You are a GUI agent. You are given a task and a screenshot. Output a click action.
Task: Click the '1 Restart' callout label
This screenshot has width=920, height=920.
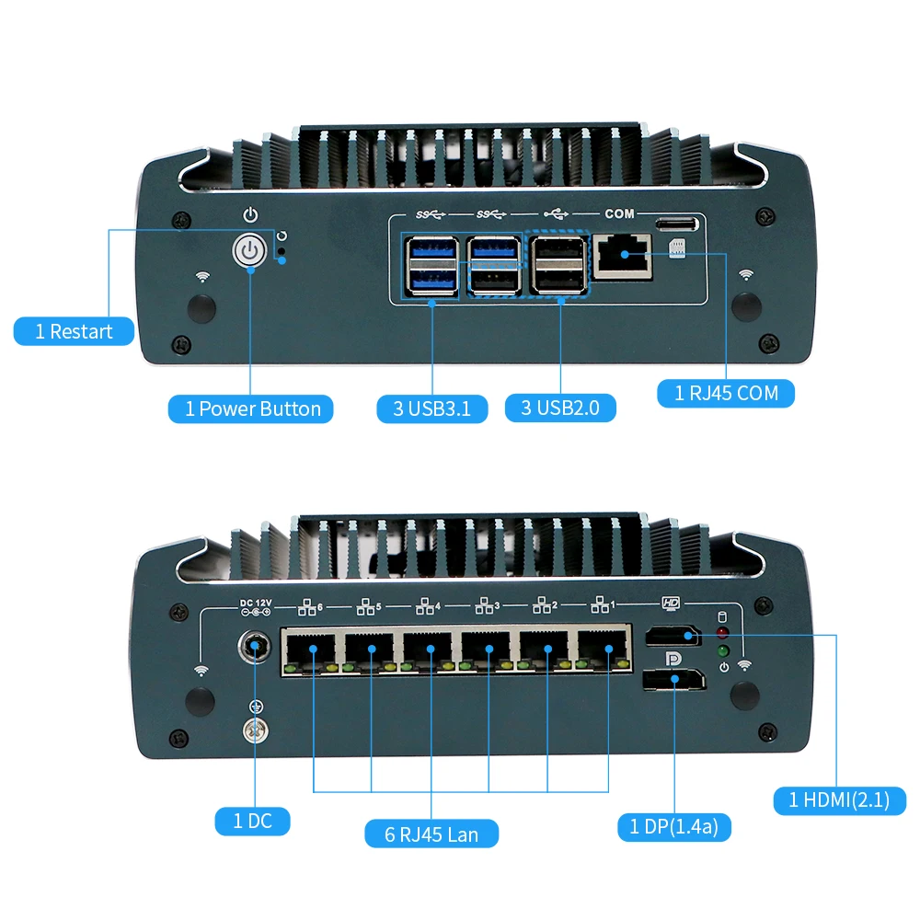pyautogui.click(x=74, y=331)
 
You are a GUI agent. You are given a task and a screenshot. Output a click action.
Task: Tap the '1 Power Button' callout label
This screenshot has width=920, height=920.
pyautogui.click(x=251, y=409)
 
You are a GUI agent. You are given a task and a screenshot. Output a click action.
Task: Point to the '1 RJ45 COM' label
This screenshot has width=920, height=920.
pyautogui.click(x=726, y=393)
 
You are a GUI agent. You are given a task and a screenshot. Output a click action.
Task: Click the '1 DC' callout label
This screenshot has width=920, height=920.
pyautogui.click(x=253, y=820)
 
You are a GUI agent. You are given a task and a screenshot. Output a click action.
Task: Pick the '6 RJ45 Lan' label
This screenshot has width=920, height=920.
pyautogui.click(x=431, y=834)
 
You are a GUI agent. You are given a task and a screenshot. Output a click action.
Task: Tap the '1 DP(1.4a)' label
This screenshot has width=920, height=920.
pyautogui.click(x=674, y=826)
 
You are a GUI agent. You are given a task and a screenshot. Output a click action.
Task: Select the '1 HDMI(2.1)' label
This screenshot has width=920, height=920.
pyautogui.click(x=839, y=799)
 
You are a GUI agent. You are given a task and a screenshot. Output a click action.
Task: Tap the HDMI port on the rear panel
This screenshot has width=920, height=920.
pyautogui.click(x=671, y=636)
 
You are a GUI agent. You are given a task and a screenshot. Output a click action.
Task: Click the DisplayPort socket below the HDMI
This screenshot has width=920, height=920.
pyautogui.click(x=673, y=682)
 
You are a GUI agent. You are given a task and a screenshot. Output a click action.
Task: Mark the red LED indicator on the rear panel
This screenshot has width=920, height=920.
pyautogui.click(x=723, y=633)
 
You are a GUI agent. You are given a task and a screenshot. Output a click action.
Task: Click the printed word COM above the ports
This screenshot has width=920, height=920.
pyautogui.click(x=619, y=213)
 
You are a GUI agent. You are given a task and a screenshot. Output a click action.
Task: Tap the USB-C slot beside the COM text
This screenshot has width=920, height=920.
pyautogui.click(x=676, y=224)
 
